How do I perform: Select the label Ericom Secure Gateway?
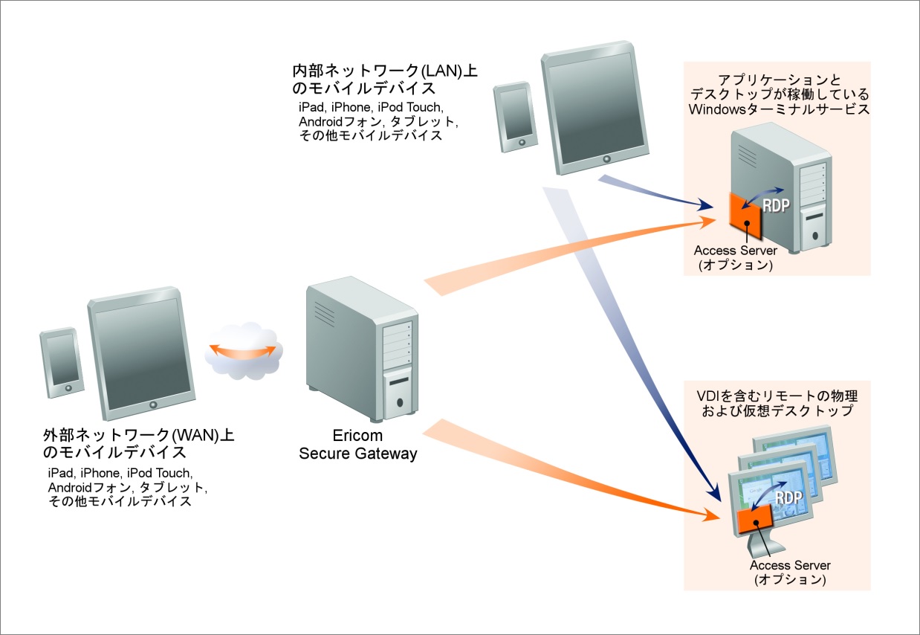pyautogui.click(x=358, y=445)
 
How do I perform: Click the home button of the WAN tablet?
pyautogui.click(x=154, y=404)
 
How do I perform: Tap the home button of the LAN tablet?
pyautogui.click(x=606, y=159)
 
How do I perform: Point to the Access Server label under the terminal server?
pyautogui.click(x=735, y=251)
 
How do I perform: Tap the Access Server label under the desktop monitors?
pyautogui.click(x=789, y=566)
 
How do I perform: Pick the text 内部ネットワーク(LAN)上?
pyautogui.click(x=386, y=71)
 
